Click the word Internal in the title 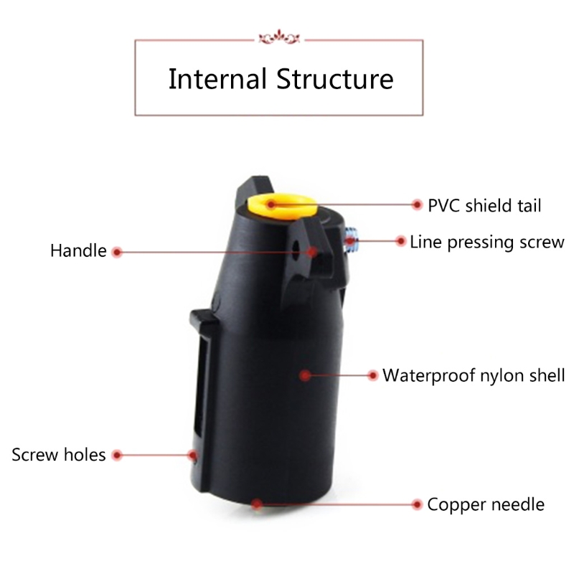click(x=217, y=79)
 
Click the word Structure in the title click(x=335, y=79)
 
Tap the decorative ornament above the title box click(x=279, y=37)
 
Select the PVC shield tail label click(x=484, y=205)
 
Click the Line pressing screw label click(x=487, y=243)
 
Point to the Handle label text click(x=78, y=251)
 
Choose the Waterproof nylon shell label click(x=474, y=376)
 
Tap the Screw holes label click(x=59, y=455)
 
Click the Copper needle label click(x=486, y=505)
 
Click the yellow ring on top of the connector click(x=281, y=207)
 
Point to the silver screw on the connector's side click(x=352, y=240)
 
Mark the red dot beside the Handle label click(x=117, y=252)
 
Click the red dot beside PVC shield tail click(x=417, y=204)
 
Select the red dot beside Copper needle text click(x=417, y=504)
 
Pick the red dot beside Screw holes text click(x=117, y=455)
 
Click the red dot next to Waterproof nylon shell click(x=372, y=375)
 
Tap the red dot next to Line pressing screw click(x=401, y=241)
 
